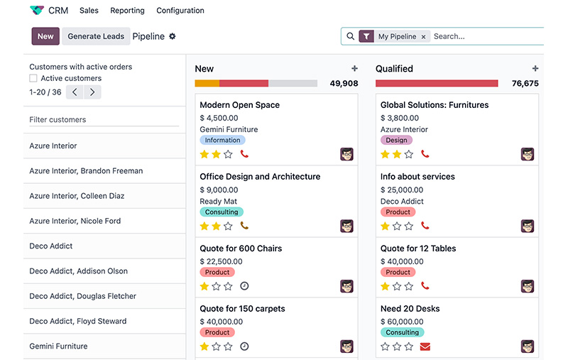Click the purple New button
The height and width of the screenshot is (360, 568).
(x=45, y=36)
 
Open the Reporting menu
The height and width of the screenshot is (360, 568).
(x=127, y=11)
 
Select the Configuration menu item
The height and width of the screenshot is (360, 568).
(x=180, y=11)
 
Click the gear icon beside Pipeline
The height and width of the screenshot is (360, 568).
(x=172, y=36)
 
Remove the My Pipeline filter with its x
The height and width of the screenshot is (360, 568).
(x=423, y=36)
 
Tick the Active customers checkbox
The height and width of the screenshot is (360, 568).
(x=33, y=78)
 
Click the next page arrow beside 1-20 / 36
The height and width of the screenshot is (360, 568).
(x=92, y=92)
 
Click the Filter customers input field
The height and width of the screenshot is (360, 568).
(x=103, y=120)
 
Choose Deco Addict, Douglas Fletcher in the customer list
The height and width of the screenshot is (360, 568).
(x=82, y=296)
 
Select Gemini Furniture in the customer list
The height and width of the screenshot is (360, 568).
(x=58, y=347)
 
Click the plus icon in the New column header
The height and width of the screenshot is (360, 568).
(x=354, y=69)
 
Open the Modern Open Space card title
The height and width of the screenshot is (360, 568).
(x=239, y=105)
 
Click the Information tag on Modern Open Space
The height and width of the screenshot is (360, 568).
(x=222, y=141)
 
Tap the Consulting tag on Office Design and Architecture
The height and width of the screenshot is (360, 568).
(x=222, y=212)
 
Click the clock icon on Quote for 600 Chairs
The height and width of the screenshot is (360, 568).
(x=244, y=286)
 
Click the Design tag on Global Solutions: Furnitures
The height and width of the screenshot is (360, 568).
(x=396, y=141)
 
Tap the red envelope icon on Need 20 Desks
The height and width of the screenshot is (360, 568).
(x=425, y=347)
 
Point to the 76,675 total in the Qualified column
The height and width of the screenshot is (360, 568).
(x=525, y=83)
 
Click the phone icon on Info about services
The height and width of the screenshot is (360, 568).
(x=425, y=226)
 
